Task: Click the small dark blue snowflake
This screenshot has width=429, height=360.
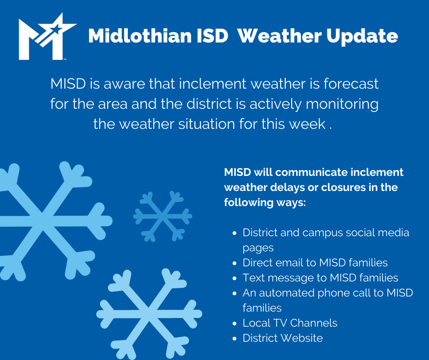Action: (162, 216)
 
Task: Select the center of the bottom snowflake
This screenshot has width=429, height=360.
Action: (149, 314)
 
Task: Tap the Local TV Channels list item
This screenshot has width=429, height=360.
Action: (290, 323)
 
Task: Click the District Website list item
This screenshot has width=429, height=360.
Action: (283, 338)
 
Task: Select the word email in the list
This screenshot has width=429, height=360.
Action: (289, 263)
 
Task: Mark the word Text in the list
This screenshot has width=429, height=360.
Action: (253, 278)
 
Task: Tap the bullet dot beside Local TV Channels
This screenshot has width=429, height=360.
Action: (234, 323)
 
